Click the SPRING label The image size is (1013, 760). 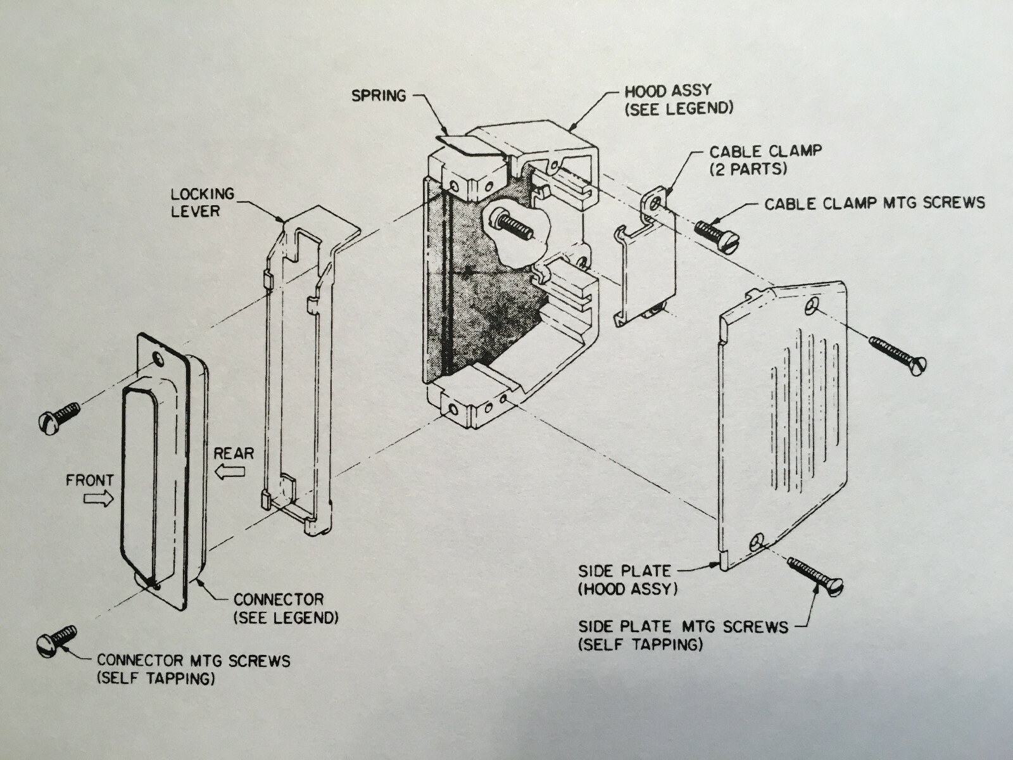379,96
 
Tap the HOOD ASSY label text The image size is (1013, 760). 678,99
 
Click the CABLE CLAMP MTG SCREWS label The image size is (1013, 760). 874,203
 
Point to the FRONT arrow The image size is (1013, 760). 99,500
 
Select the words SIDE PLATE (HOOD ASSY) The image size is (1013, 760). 627,579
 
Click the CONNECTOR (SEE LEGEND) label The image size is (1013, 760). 285,608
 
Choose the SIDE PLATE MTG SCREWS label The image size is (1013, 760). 683,635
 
